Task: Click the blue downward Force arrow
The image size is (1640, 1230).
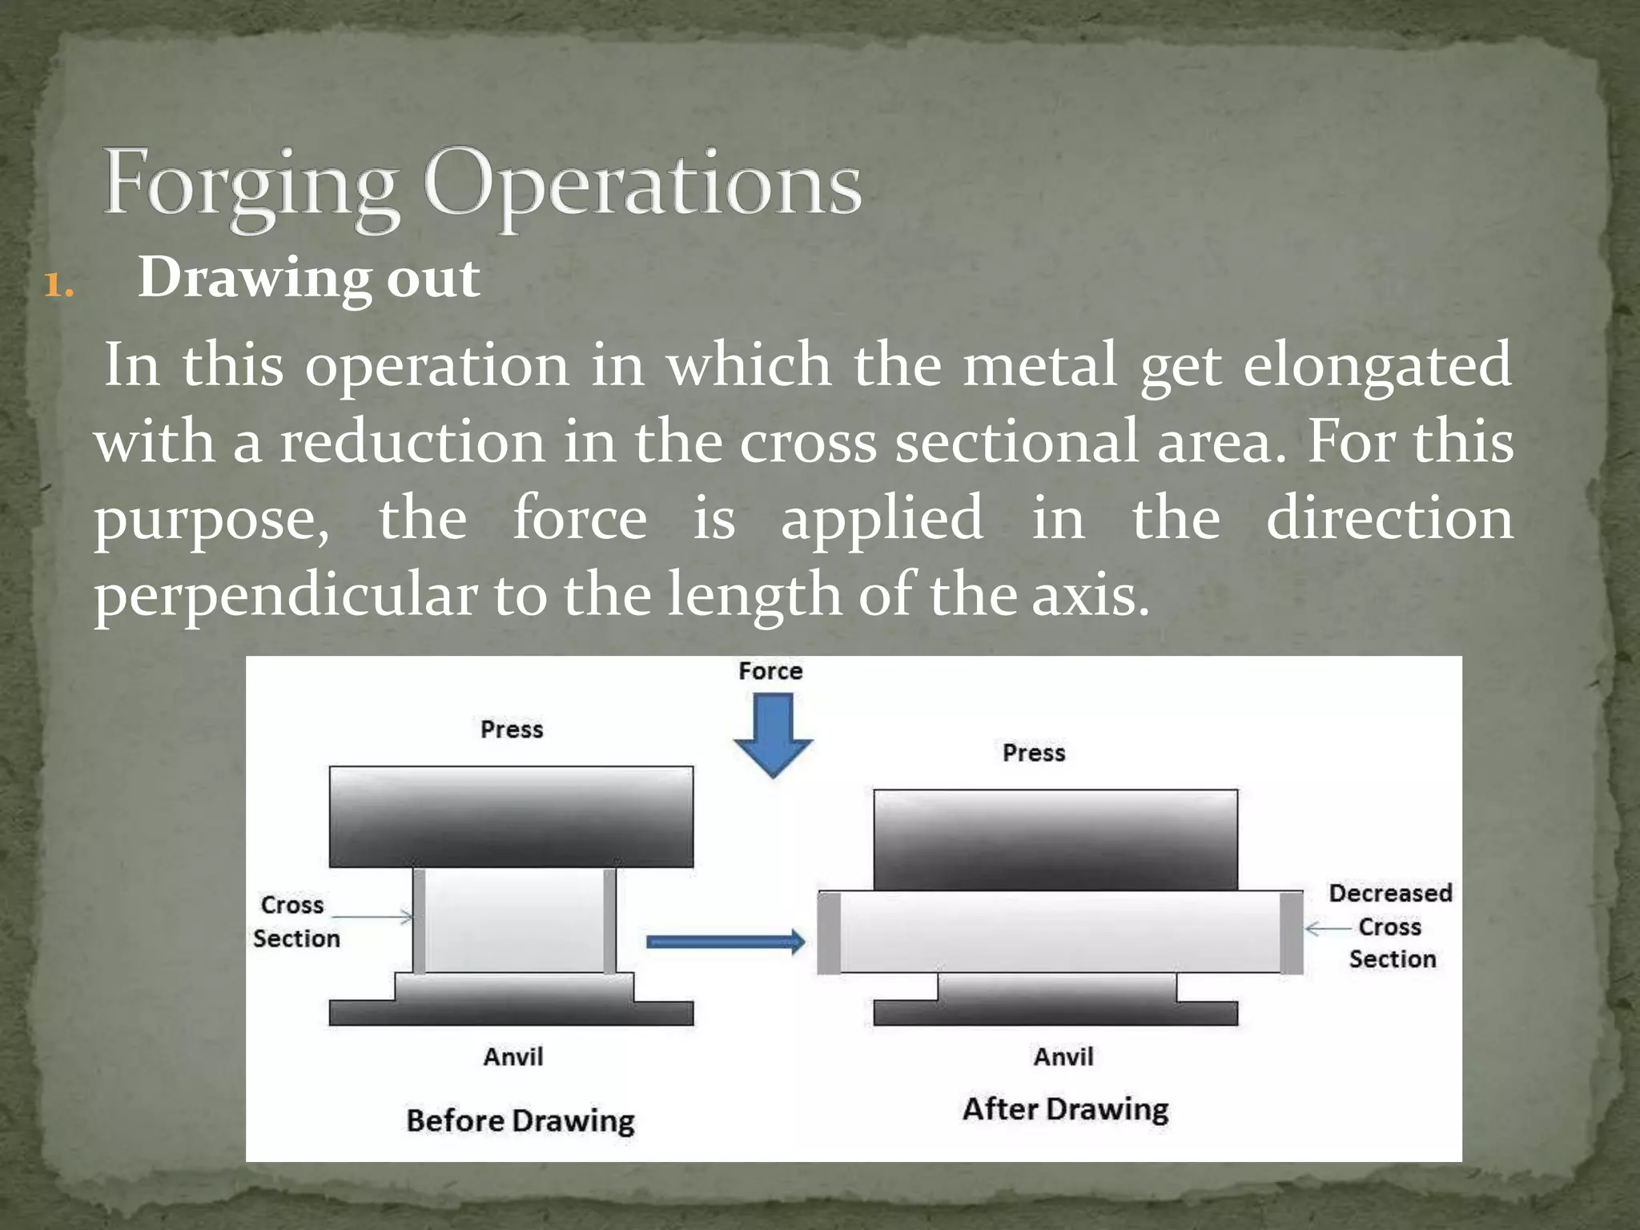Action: click(773, 733)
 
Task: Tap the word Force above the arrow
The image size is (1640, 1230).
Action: click(770, 671)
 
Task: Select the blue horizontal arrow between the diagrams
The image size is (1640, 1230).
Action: click(725, 942)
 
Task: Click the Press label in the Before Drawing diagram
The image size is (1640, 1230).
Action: click(512, 730)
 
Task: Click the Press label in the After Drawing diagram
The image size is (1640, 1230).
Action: click(1034, 753)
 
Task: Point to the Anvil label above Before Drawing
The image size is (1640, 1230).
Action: click(513, 1057)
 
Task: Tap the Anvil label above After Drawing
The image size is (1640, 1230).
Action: click(1063, 1057)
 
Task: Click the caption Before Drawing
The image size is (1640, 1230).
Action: click(521, 1120)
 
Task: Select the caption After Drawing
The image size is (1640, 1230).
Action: click(1065, 1109)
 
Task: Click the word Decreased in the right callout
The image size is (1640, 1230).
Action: click(1390, 893)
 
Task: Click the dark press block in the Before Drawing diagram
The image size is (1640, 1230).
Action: click(511, 817)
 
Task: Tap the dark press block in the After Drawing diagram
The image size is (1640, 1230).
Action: click(1055, 839)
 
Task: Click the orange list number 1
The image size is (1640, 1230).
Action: click(58, 285)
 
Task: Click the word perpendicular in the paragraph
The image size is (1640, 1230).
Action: click(285, 596)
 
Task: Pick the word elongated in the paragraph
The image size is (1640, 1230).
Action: click(1377, 365)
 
